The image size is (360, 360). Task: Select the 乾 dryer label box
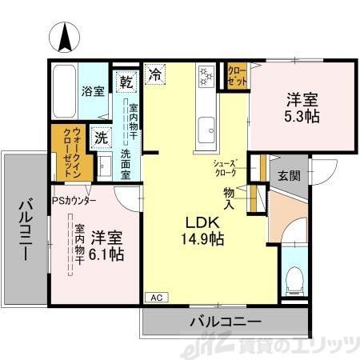coord(126,80)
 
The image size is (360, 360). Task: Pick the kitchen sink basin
coord(207,126)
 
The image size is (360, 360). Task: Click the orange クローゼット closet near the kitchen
coord(236,76)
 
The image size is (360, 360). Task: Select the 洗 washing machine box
coord(102,138)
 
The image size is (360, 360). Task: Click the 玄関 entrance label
coord(290,176)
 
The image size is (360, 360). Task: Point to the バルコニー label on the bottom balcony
coord(225,322)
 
